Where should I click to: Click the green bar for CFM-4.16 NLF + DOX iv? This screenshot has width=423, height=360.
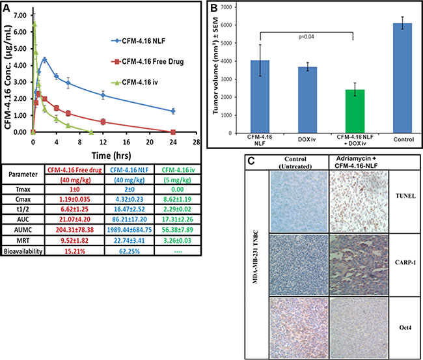[354, 111]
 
